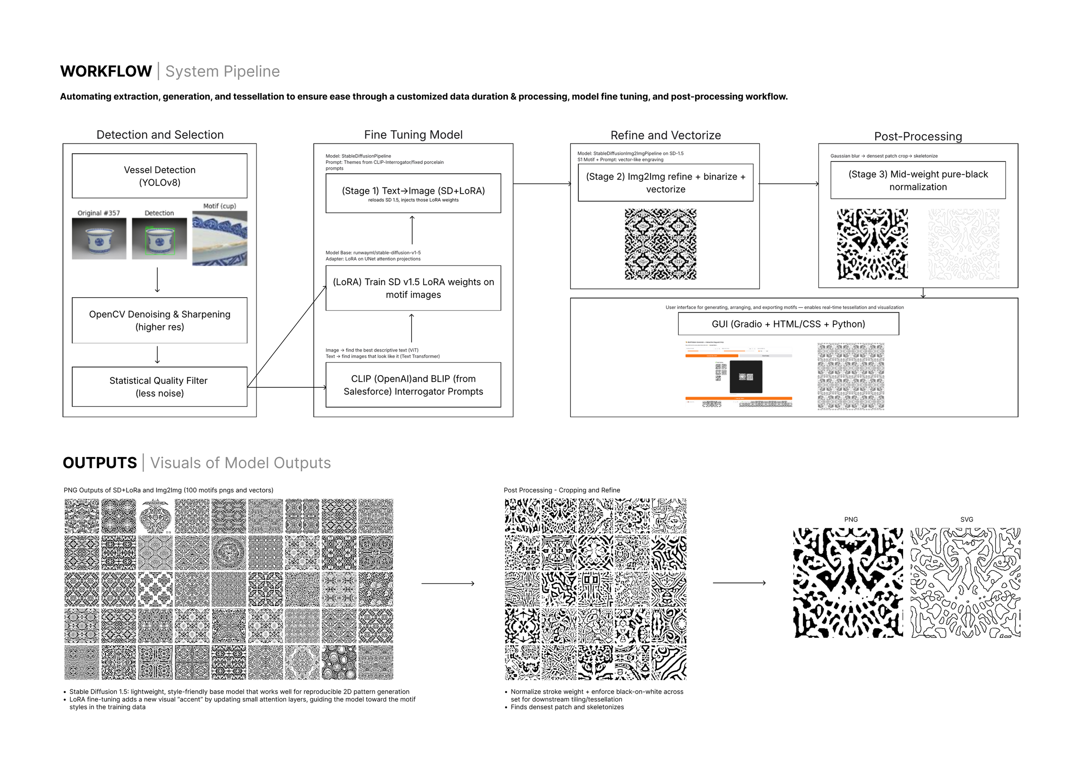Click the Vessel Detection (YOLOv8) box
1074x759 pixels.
159,176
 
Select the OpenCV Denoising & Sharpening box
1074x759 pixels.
159,320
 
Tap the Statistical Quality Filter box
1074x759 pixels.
159,387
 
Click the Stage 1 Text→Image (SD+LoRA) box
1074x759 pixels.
413,193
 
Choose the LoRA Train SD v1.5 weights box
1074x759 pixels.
413,288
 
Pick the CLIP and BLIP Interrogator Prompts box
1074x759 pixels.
413,385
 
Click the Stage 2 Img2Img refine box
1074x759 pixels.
665,183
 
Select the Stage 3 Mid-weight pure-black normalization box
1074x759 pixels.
918,180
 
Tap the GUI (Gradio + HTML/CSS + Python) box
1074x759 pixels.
788,323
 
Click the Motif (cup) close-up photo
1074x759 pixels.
220,238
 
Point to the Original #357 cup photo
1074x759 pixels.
99,239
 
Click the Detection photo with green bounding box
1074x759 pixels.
159,239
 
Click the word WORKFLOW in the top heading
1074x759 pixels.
106,72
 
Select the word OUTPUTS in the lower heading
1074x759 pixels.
100,463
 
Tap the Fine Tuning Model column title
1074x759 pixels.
413,135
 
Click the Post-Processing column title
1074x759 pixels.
918,136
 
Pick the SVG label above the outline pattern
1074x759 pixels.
967,520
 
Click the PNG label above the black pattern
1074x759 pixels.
851,520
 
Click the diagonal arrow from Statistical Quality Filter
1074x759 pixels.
287,337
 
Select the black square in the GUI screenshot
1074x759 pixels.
746,377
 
